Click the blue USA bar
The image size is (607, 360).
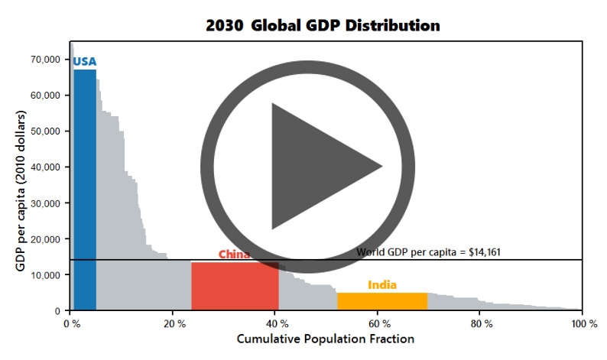coord(84,191)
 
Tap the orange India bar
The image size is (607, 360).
coord(382,301)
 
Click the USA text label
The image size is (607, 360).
coord(84,62)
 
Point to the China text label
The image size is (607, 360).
coord(234,255)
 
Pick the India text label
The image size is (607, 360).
coord(382,285)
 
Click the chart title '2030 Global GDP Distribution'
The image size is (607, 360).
coord(323,25)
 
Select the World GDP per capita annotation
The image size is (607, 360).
coord(428,251)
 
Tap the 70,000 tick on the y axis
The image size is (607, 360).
coord(45,60)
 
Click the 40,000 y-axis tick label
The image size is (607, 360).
coord(45,167)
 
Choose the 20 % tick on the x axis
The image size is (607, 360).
coord(174,324)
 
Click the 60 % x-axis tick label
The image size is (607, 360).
coord(378,324)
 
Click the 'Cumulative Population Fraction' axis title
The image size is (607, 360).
coord(326,339)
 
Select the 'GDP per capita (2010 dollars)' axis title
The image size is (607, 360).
coord(20,184)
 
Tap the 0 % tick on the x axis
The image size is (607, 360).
coord(71,324)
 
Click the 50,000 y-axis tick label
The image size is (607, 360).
coord(45,131)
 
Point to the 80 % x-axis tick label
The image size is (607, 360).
coord(481,324)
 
